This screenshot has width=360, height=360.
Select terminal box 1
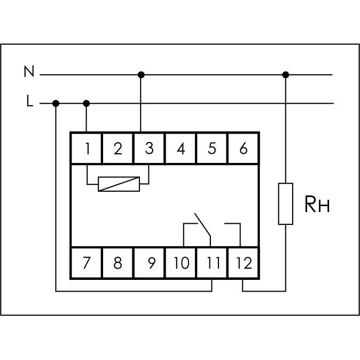(87, 148)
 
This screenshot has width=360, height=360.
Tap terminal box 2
(118, 148)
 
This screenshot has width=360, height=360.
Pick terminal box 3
(149, 148)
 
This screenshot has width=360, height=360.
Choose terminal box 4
(181, 148)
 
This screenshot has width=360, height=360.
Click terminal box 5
(212, 148)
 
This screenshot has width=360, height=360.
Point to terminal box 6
(244, 148)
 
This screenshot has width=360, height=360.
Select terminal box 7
(87, 263)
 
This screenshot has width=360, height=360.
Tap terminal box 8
(118, 263)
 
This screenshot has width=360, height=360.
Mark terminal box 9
(150, 263)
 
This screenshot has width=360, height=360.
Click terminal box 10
(181, 263)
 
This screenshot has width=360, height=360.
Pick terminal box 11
(212, 263)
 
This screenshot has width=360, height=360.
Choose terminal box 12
(244, 263)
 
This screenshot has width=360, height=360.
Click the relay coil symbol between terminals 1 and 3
(119, 184)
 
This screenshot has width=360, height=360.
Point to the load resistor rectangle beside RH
(286, 204)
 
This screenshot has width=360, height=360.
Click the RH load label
(316, 205)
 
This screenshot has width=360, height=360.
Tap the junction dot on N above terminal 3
(141, 75)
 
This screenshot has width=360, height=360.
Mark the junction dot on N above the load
(286, 75)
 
